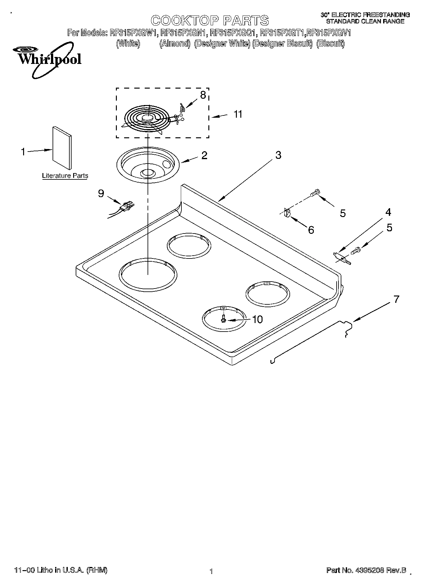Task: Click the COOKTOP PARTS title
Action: pos(210,21)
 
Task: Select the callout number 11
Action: pos(238,114)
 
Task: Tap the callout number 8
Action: pos(203,95)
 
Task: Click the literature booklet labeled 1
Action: pos(62,148)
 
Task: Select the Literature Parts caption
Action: pos(65,176)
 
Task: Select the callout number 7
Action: pos(396,299)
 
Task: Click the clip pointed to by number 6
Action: pos(287,213)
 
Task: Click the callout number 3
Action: pos(278,155)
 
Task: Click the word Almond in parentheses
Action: pos(174,43)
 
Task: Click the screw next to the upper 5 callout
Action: pos(315,192)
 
